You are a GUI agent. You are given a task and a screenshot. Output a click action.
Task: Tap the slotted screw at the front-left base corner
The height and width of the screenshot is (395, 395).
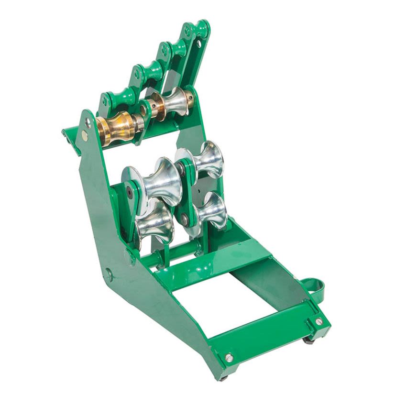pyautogui.click(x=229, y=357)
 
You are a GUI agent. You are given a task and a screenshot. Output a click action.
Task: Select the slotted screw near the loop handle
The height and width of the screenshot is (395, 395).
pyautogui.click(x=318, y=322)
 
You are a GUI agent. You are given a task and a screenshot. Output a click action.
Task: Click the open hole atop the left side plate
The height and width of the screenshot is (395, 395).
pyautogui.click(x=88, y=122)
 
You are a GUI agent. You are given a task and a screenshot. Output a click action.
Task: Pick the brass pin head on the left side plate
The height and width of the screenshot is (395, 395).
pyautogui.click(x=84, y=136)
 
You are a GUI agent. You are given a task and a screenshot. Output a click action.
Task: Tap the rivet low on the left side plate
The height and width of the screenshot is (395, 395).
pyautogui.click(x=109, y=275)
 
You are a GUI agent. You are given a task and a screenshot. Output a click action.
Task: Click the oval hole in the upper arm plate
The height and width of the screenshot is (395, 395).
pyautogui.click(x=198, y=44)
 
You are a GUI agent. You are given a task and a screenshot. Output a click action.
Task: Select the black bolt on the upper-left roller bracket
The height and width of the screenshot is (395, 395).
pyautogui.click(x=130, y=192)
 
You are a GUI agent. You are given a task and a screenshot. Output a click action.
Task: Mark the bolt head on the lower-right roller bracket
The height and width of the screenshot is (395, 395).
pyautogui.click(x=185, y=219)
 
